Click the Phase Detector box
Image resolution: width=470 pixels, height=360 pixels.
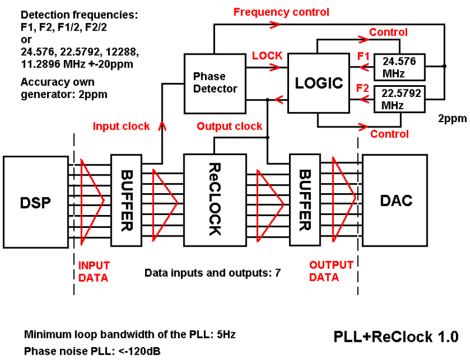click(216, 83)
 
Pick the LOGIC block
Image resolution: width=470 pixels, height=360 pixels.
click(318, 83)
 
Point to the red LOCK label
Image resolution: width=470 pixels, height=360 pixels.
click(267, 56)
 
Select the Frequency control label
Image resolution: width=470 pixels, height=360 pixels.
click(281, 12)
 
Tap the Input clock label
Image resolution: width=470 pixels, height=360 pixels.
click(121, 126)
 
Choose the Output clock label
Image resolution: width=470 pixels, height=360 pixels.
click(229, 126)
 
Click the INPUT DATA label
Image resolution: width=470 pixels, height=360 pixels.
click(93, 272)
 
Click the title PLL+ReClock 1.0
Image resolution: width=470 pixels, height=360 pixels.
click(395, 337)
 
